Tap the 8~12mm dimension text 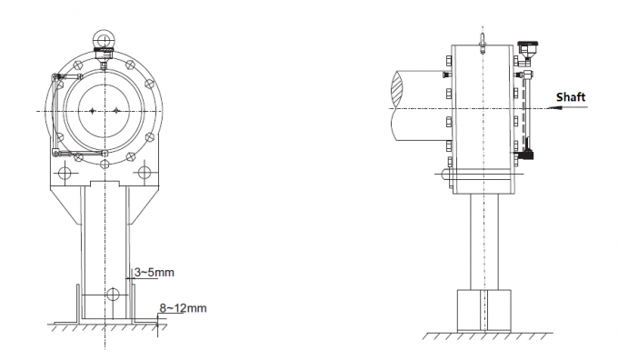tap(183, 308)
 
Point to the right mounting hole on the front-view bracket tap(145, 171)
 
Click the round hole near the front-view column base tap(112, 294)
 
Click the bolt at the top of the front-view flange tap(105, 65)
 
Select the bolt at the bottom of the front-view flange tap(105, 154)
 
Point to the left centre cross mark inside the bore tap(92, 110)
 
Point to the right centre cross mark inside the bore tap(117, 110)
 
